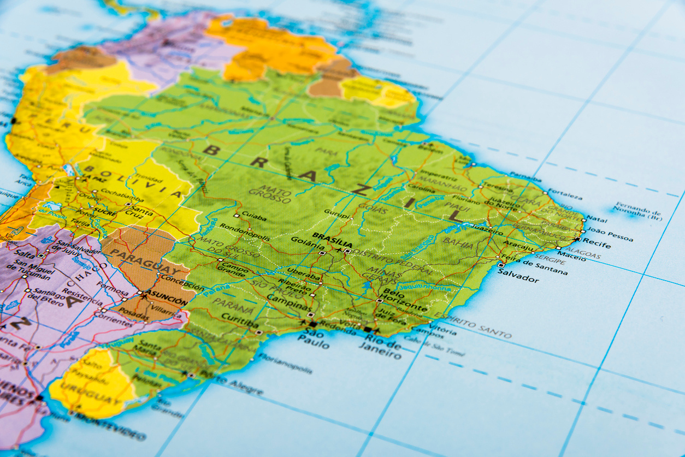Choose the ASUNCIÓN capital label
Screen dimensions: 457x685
(167, 295)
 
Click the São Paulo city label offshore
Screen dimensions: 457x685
(314, 339)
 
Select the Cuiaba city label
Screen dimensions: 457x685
(254, 217)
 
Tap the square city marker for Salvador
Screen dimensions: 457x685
(501, 265)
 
